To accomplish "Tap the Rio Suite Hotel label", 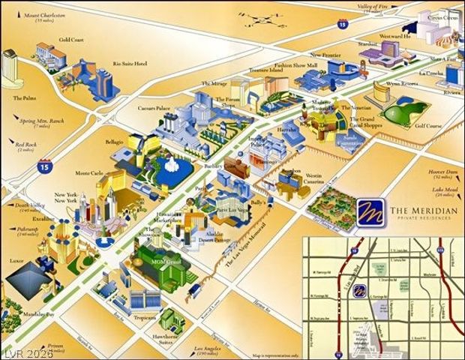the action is [x=129, y=64].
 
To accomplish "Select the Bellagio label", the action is [x=115, y=141].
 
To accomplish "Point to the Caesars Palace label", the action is [x=153, y=109].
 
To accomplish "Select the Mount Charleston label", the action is [x=44, y=15].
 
